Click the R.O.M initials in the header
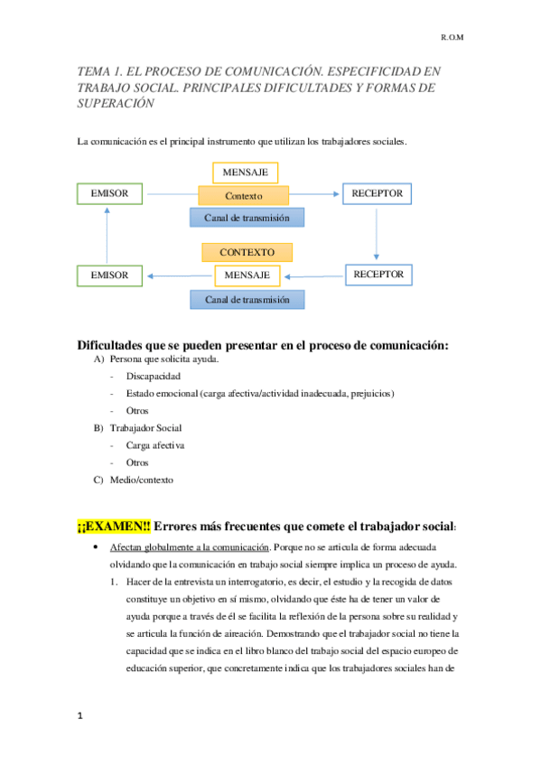click(452, 39)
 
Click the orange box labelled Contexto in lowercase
click(244, 195)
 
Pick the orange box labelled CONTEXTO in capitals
click(247, 252)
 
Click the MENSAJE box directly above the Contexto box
click(246, 172)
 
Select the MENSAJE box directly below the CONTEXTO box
click(247, 275)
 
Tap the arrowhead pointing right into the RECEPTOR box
click(336, 194)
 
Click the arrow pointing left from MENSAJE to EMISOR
click(181, 275)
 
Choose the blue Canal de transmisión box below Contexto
click(247, 217)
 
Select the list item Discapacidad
click(154, 376)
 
